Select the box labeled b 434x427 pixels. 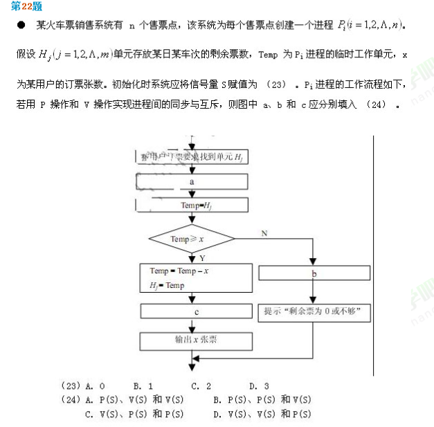point(314,273)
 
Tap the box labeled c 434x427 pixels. point(197,312)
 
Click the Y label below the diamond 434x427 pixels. point(202,257)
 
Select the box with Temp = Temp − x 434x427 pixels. point(197,278)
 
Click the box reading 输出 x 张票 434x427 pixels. point(197,340)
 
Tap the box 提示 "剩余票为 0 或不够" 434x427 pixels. point(314,312)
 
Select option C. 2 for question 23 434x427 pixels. point(201,386)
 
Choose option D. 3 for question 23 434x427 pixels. point(259,386)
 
